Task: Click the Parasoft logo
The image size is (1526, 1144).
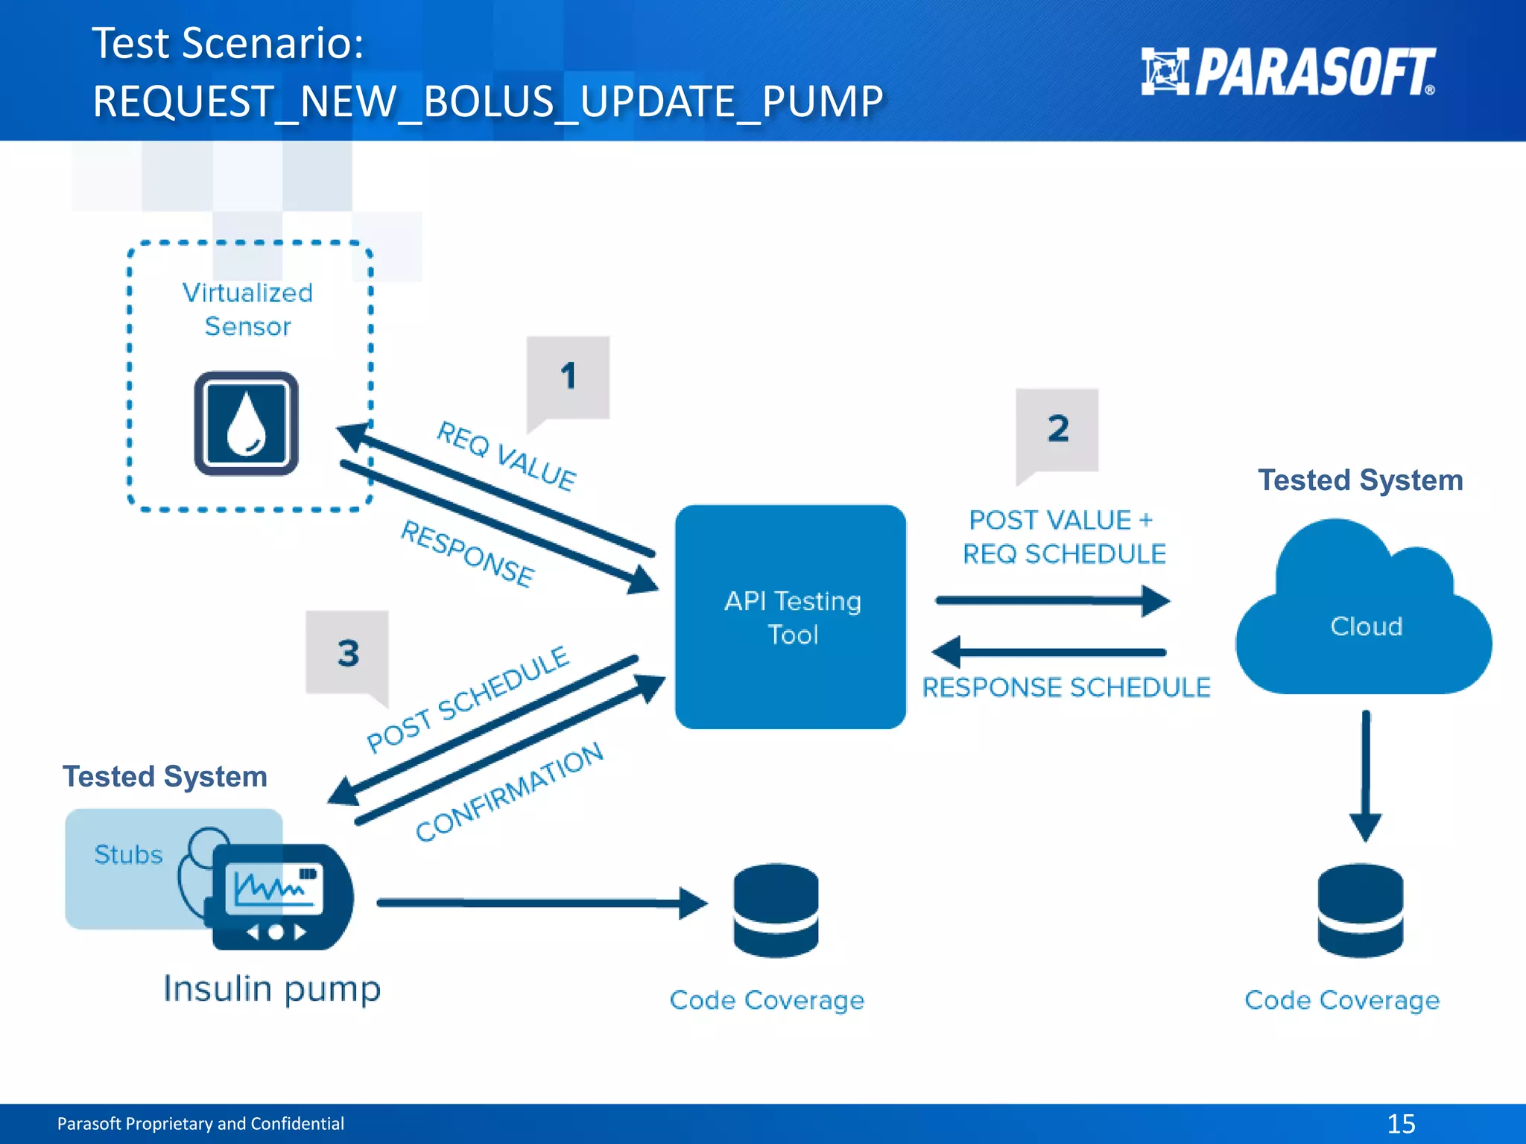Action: coord(1288,71)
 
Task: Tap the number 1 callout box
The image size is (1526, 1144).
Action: coord(568,377)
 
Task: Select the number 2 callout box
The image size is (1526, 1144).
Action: coord(1057,430)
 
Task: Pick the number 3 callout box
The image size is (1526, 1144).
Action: coord(347,653)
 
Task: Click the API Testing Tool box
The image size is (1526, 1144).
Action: coord(791,617)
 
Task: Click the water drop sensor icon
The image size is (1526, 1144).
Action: coord(247,424)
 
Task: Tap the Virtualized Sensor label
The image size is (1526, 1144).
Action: coord(247,309)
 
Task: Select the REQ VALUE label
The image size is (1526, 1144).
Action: coord(506,455)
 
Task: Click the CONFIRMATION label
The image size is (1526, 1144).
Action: coord(510,792)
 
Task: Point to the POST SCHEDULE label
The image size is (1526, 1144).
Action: coord(468,698)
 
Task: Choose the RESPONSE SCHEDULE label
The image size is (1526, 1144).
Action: coord(1066,687)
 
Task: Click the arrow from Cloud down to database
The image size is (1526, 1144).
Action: coord(1365,775)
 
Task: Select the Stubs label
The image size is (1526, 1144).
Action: coord(128,854)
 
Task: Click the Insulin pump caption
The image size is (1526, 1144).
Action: coord(272,989)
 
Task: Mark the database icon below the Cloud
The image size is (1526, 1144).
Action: coord(1360,910)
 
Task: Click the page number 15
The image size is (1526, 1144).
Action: coord(1401,1123)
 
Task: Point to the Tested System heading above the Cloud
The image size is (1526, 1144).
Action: coord(1361,480)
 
